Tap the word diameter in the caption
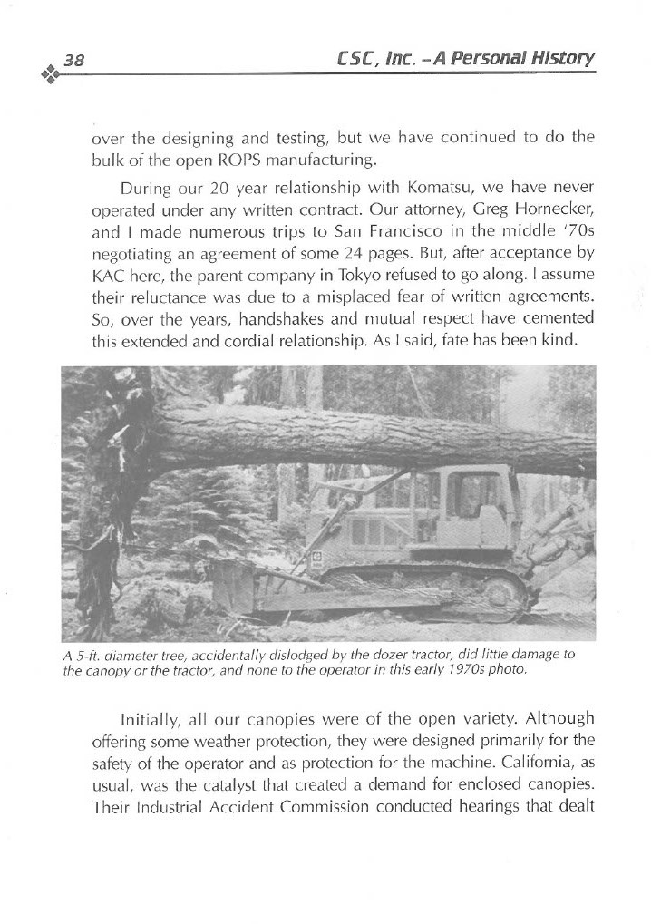point(136,655)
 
